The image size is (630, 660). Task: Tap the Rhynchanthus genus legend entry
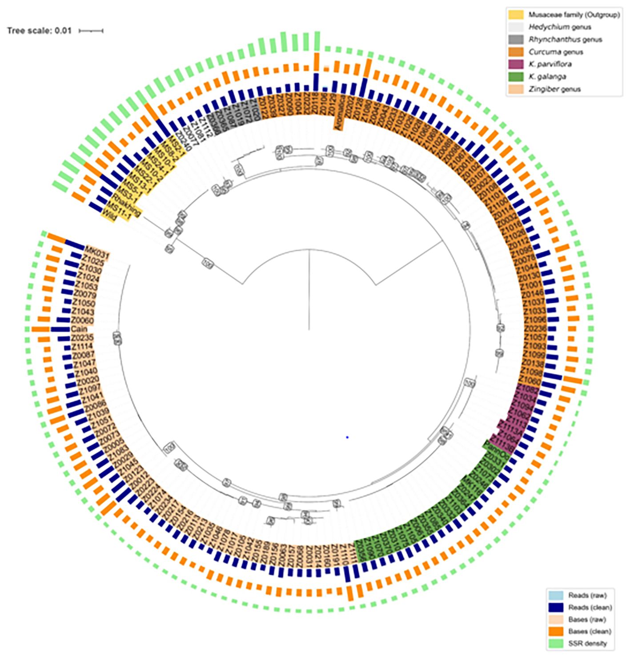coord(565,40)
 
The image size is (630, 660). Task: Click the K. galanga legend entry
coord(547,76)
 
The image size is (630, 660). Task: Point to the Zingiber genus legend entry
coord(554,89)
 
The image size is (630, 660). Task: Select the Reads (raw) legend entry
coord(587,595)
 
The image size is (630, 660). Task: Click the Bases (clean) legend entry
coord(590,631)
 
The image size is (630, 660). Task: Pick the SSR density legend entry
coord(588,643)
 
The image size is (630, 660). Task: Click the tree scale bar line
coord(91,31)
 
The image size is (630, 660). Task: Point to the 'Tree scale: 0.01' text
coord(39,31)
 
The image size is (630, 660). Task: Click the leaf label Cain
coord(79,329)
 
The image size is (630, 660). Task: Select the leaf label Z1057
coord(535,337)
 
